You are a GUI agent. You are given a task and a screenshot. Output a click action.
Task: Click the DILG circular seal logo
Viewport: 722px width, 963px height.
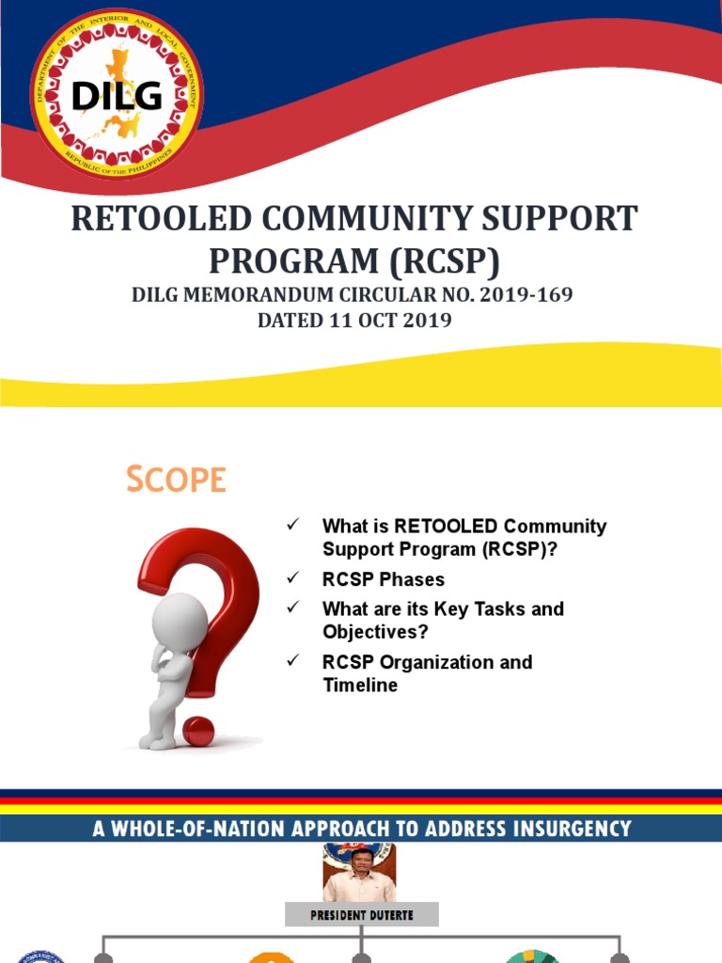(117, 94)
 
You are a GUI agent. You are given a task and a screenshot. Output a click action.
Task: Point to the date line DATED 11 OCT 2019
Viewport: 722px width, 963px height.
(354, 320)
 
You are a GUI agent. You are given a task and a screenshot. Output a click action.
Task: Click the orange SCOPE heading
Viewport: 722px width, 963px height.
(177, 480)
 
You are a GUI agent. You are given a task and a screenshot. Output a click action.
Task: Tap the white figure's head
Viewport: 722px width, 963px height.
(180, 620)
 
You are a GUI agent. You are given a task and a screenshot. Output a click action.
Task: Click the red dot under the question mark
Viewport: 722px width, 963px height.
(198, 731)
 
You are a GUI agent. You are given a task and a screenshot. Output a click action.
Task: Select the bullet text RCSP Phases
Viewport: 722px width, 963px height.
(384, 579)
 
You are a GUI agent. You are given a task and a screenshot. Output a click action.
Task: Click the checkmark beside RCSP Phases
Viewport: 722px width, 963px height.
(292, 577)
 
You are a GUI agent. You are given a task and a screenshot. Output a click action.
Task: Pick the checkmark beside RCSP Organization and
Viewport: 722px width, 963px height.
(292, 660)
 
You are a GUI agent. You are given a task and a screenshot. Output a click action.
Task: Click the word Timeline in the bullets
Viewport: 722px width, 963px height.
(360, 686)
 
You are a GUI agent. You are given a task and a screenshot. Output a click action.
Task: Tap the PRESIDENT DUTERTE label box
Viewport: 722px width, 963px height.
(362, 914)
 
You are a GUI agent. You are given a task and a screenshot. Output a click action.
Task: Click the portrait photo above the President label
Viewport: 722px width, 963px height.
(359, 873)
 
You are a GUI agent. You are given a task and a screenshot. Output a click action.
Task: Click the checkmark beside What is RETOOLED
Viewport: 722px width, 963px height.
(292, 524)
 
